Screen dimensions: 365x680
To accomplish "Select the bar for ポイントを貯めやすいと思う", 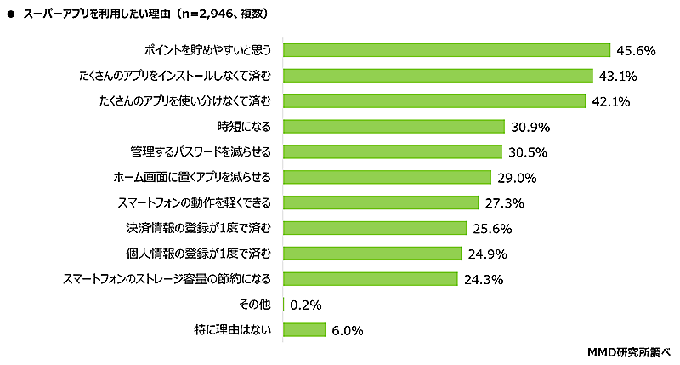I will tap(446, 50).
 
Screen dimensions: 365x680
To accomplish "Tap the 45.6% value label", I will tap(636, 50).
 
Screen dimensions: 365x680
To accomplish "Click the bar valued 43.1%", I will tap(437, 76).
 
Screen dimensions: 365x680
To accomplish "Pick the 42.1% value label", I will tap(610, 101).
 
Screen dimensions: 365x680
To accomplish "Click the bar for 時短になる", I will tap(394, 127).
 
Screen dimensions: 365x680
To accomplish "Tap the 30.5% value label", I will tap(527, 152).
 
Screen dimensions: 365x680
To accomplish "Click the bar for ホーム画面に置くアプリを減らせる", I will tap(387, 177).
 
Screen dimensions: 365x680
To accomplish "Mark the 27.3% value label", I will tap(504, 202).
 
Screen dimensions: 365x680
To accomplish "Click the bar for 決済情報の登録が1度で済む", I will tap(374, 228).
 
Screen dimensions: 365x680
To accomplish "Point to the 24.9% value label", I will tap(487, 254).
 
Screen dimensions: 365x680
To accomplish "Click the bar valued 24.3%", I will tap(370, 279).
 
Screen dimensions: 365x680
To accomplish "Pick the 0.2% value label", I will tap(305, 305).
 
